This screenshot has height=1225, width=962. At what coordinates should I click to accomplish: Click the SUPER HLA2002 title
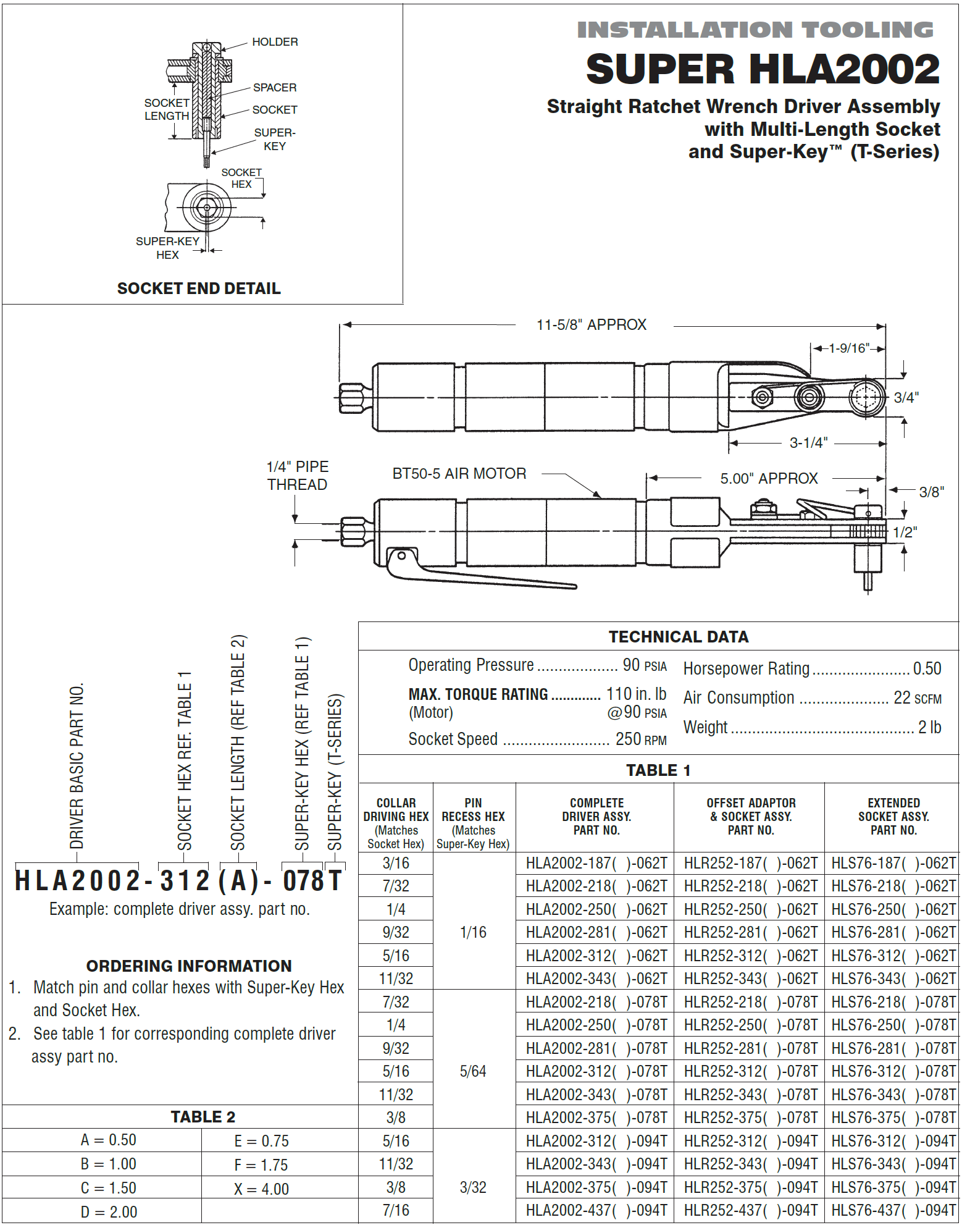coord(763,69)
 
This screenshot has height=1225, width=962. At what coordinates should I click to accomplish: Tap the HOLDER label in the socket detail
coord(275,42)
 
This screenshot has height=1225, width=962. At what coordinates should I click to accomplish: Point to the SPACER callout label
coord(275,88)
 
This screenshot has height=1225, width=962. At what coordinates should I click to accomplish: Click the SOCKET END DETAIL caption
coord(199,288)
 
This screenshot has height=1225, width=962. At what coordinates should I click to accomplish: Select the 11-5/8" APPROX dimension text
coord(591,325)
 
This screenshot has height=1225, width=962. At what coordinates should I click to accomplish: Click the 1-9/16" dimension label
coord(849,348)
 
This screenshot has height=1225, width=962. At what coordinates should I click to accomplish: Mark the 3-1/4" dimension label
coord(808,443)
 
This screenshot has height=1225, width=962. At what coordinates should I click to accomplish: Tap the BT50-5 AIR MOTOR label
coord(459,474)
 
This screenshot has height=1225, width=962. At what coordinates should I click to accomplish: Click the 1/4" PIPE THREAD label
coord(297,476)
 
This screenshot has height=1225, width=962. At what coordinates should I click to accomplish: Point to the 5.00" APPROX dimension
coord(769,479)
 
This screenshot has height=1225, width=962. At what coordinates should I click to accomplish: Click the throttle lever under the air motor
coord(482,578)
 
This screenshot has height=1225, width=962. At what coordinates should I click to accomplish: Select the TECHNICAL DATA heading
coord(678,637)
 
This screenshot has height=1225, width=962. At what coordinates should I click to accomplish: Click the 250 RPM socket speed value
coord(640,739)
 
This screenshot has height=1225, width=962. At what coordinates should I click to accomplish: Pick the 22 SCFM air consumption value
coord(917,698)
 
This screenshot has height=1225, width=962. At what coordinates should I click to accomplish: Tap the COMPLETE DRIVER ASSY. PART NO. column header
coord(596,817)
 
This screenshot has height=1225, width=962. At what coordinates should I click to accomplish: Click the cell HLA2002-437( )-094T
coord(596,1211)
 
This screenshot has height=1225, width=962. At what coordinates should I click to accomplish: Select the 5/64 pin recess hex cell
coord(473,1071)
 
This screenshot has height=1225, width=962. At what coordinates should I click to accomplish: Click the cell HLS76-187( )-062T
coord(893,863)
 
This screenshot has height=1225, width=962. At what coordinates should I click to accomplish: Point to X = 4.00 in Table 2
coord(261,1189)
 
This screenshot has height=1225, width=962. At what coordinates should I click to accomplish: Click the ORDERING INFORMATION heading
coord(189,966)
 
